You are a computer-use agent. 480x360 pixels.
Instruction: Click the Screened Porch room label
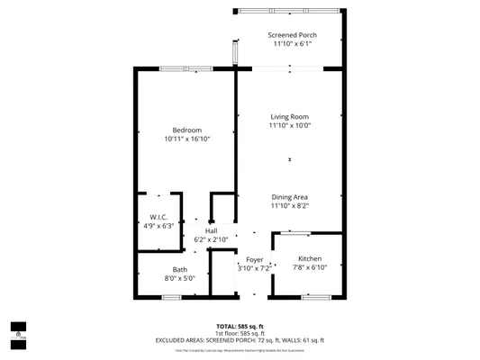[x=290, y=34]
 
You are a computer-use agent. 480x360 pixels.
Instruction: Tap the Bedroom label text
[x=187, y=130]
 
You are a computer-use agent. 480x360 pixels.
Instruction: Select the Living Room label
[x=290, y=117]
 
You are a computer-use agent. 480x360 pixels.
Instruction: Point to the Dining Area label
[x=290, y=197]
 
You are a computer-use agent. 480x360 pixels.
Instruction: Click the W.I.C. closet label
[x=158, y=217]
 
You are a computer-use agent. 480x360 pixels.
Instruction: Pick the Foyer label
[x=254, y=259]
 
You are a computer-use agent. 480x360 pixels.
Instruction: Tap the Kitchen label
[x=310, y=259]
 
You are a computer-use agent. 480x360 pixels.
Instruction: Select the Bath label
[x=180, y=269]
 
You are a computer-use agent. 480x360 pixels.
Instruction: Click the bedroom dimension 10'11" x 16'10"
[x=187, y=139]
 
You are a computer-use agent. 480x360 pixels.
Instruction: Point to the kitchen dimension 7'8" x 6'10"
[x=310, y=267]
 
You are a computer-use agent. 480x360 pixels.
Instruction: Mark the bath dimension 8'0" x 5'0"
[x=180, y=278]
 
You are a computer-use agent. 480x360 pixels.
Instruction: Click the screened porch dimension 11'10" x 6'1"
[x=290, y=43]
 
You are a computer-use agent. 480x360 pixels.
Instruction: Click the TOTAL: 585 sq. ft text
[x=240, y=326]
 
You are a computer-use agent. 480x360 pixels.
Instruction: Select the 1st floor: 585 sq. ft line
[x=240, y=333]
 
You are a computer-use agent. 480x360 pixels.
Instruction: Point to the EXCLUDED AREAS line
[x=240, y=340]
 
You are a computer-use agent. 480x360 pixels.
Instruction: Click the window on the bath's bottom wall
[x=171, y=296]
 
